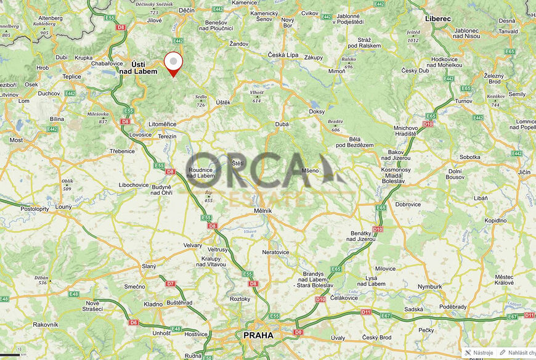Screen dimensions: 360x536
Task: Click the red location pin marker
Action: click(174, 63)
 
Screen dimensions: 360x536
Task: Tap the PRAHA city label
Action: click(258, 335)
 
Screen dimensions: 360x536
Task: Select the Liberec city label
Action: click(437, 18)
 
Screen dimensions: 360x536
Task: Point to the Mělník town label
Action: click(263, 211)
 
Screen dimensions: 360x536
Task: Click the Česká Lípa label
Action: click(283, 55)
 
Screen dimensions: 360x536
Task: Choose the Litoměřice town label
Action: click(162, 124)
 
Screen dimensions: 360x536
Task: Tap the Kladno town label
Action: click(153, 304)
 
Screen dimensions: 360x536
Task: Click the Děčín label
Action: click(186, 10)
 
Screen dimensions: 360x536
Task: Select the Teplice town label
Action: click(71, 76)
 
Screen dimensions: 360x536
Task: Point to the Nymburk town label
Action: click(430, 287)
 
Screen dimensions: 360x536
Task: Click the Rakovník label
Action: click(45, 324)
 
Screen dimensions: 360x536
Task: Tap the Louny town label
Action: click(63, 207)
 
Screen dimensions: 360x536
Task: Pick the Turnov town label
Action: click(463, 100)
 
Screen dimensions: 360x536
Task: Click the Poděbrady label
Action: click(453, 306)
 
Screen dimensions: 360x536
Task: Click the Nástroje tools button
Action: click(479, 353)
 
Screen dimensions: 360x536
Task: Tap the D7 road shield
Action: click(171, 284)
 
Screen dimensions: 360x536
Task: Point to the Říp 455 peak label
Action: click(208, 197)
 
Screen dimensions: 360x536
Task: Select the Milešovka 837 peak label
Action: click(98, 117)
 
